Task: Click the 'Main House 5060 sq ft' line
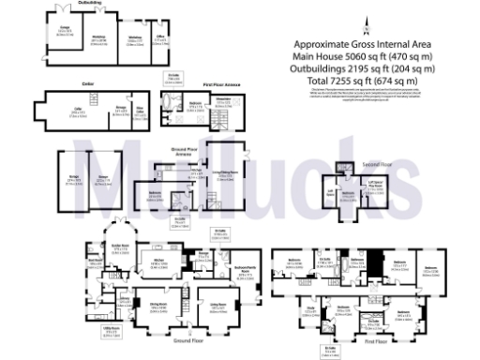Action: pos(363,56)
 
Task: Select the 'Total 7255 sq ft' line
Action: pos(363,79)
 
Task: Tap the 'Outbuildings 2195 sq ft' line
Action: pos(363,67)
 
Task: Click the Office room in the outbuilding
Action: pos(160,42)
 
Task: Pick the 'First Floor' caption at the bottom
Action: pos(375,354)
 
